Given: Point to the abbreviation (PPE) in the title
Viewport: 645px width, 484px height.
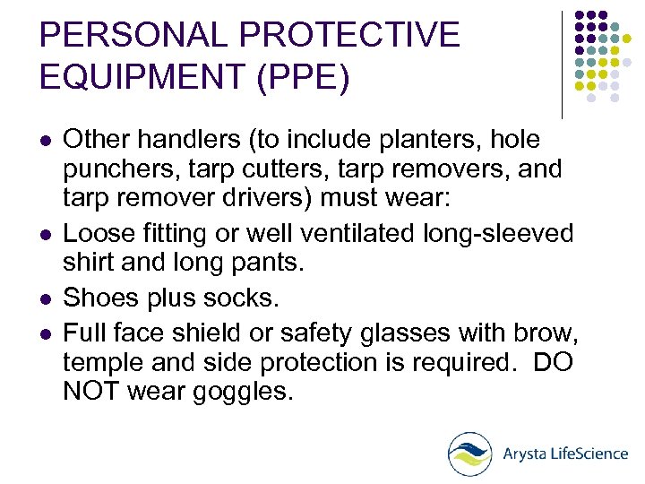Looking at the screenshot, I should tap(300, 78).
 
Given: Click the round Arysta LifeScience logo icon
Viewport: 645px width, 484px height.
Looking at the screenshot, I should tap(470, 454).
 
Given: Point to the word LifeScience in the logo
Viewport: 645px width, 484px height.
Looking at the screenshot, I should tap(588, 454).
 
